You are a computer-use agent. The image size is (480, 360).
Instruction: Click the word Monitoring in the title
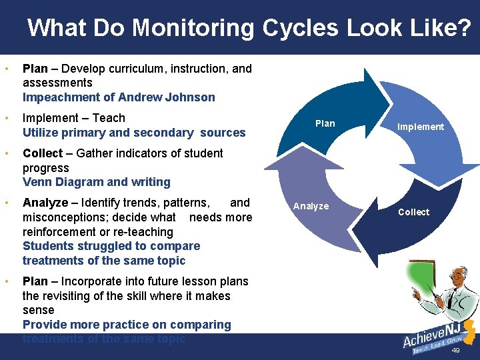[193, 28]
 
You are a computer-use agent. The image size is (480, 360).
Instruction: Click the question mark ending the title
[463, 28]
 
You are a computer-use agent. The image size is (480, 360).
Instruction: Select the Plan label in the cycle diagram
[325, 123]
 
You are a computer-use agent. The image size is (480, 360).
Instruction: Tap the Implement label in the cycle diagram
[420, 127]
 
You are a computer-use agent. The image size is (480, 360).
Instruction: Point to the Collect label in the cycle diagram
[413, 212]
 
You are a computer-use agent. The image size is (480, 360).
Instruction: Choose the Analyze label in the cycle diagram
[311, 206]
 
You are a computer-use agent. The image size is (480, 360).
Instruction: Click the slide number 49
[456, 351]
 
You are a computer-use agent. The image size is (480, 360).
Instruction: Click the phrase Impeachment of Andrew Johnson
[119, 97]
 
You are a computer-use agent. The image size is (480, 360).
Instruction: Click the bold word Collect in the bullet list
[43, 153]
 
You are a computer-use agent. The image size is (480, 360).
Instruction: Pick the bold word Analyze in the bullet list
[45, 203]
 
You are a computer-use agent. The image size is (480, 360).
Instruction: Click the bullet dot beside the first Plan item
[5, 69]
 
